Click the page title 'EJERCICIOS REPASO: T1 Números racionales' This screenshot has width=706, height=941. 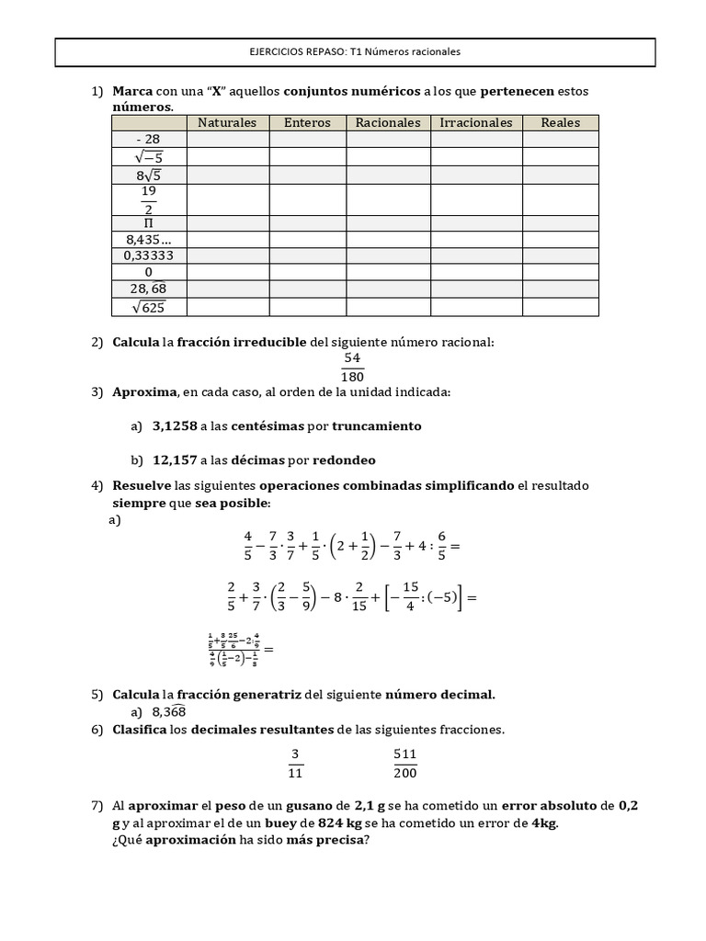pyautogui.click(x=355, y=52)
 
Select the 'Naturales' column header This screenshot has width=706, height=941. pyautogui.click(x=227, y=123)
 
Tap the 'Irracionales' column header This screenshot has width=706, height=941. pyautogui.click(x=476, y=123)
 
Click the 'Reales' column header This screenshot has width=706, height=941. pyautogui.click(x=560, y=123)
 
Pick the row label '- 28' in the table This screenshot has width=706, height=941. pyautogui.click(x=148, y=140)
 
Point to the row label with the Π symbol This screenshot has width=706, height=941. pyautogui.click(x=148, y=223)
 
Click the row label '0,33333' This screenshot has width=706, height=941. pyautogui.click(x=148, y=255)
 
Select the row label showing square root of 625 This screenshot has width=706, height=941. pyautogui.click(x=148, y=307)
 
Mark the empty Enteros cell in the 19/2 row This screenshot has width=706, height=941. pyautogui.click(x=307, y=199)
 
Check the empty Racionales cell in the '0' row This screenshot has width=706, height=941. pyautogui.click(x=388, y=273)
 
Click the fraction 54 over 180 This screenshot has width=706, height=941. pyautogui.click(x=352, y=368)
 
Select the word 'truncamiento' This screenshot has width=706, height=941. pyautogui.click(x=377, y=426)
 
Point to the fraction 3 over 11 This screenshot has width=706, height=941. pyautogui.click(x=295, y=764)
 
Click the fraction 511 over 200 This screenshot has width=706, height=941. pyautogui.click(x=404, y=764)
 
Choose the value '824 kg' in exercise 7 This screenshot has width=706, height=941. pyautogui.click(x=336, y=823)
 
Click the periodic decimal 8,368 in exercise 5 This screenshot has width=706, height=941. pyautogui.click(x=169, y=711)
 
